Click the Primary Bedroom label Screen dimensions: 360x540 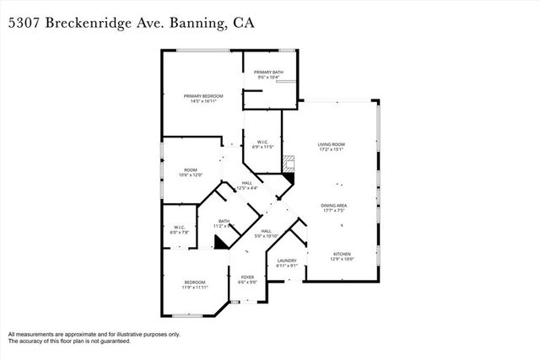point(203,96)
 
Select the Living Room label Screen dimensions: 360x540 point(331,144)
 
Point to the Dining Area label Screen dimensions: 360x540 point(334,205)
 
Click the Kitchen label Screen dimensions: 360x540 point(341,254)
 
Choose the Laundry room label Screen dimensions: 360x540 point(288,261)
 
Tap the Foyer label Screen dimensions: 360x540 point(247,277)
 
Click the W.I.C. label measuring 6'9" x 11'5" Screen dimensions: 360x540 point(262,142)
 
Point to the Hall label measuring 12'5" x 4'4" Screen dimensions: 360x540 point(247,183)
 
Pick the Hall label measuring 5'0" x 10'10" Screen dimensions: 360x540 point(266,231)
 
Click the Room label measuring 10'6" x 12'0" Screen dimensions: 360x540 point(191,170)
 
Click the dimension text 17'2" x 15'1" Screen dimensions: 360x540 point(331,150)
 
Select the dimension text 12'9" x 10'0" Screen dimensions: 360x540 point(341,260)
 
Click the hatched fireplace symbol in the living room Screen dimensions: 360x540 point(289,163)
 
